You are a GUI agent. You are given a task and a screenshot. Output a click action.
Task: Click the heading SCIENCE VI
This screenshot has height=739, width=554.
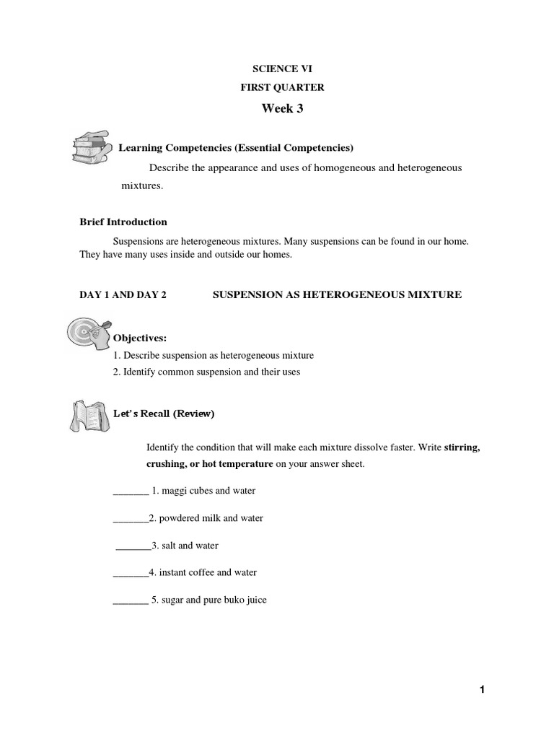coord(276,69)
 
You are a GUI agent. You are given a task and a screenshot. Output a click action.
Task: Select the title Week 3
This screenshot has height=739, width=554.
coord(276,108)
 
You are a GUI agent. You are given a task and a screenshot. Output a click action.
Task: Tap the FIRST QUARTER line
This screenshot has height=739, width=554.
coord(276,88)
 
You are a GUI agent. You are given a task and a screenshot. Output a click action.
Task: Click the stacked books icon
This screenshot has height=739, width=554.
coord(89,147)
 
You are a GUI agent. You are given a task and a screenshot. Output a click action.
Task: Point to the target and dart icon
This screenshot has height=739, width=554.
coord(89,331)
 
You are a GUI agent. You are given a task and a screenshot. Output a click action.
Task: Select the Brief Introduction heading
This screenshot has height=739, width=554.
coord(123,222)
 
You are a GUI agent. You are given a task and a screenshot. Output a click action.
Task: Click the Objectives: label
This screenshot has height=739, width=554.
coord(140,338)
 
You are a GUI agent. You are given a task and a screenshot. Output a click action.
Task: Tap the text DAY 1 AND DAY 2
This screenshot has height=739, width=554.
coord(123,295)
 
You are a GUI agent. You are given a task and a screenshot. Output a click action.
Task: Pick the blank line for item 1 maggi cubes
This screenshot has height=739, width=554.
coord(131,491)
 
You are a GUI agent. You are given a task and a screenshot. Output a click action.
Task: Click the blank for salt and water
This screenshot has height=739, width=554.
coord(133,546)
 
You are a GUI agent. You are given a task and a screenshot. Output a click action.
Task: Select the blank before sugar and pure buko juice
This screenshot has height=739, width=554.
coord(131,600)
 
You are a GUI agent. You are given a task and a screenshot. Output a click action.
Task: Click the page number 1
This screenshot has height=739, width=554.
coord(482,691)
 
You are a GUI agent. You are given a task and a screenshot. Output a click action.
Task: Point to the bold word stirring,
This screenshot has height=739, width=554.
coord(462,447)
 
